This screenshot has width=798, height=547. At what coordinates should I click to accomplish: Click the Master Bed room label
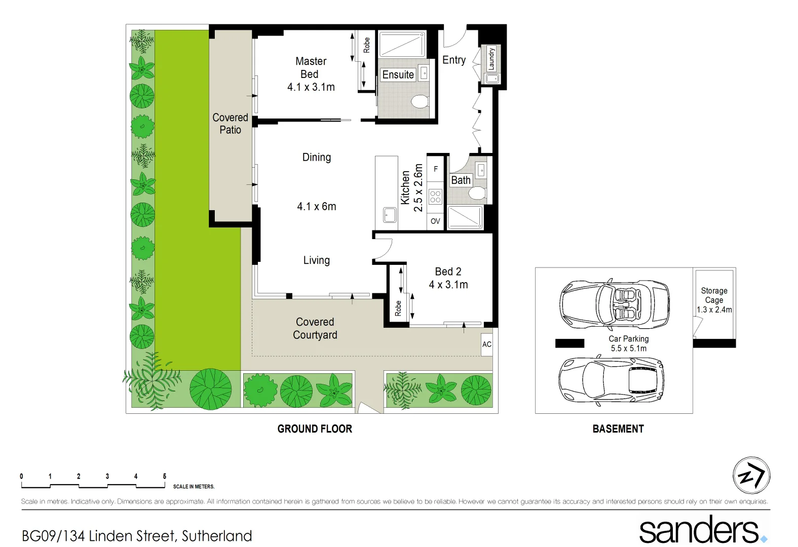pyautogui.click(x=311, y=68)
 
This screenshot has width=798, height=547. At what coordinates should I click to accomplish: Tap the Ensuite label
pyautogui.click(x=398, y=74)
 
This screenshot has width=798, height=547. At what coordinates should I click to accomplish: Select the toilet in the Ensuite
pyautogui.click(x=420, y=101)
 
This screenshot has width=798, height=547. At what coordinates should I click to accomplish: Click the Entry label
pyautogui.click(x=453, y=60)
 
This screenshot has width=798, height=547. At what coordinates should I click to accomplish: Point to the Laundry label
pyautogui.click(x=491, y=59)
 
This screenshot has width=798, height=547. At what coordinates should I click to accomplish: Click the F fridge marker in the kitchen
pyautogui.click(x=435, y=169)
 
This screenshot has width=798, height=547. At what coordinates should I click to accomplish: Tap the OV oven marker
pyautogui.click(x=435, y=221)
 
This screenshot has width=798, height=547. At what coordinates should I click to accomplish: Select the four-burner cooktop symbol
pyautogui.click(x=435, y=197)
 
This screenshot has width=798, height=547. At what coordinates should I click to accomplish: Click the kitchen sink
pyautogui.click(x=390, y=215)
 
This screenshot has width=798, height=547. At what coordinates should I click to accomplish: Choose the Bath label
pyautogui.click(x=461, y=180)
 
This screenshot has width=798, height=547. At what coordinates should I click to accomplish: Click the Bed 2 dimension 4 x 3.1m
pyautogui.click(x=448, y=285)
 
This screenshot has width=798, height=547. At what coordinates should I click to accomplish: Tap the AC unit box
pyautogui.click(x=486, y=344)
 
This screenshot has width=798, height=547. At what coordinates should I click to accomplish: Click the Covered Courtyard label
pyautogui.click(x=315, y=328)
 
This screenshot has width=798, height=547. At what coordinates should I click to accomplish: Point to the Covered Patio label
pyautogui.click(x=230, y=124)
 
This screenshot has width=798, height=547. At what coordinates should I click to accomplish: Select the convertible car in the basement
pyautogui.click(x=615, y=304)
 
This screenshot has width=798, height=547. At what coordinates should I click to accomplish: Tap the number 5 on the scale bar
pyautogui.click(x=165, y=476)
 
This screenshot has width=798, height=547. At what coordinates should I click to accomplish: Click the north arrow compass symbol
pyautogui.click(x=751, y=476)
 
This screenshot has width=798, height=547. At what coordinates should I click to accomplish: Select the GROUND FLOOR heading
pyautogui.click(x=315, y=429)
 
